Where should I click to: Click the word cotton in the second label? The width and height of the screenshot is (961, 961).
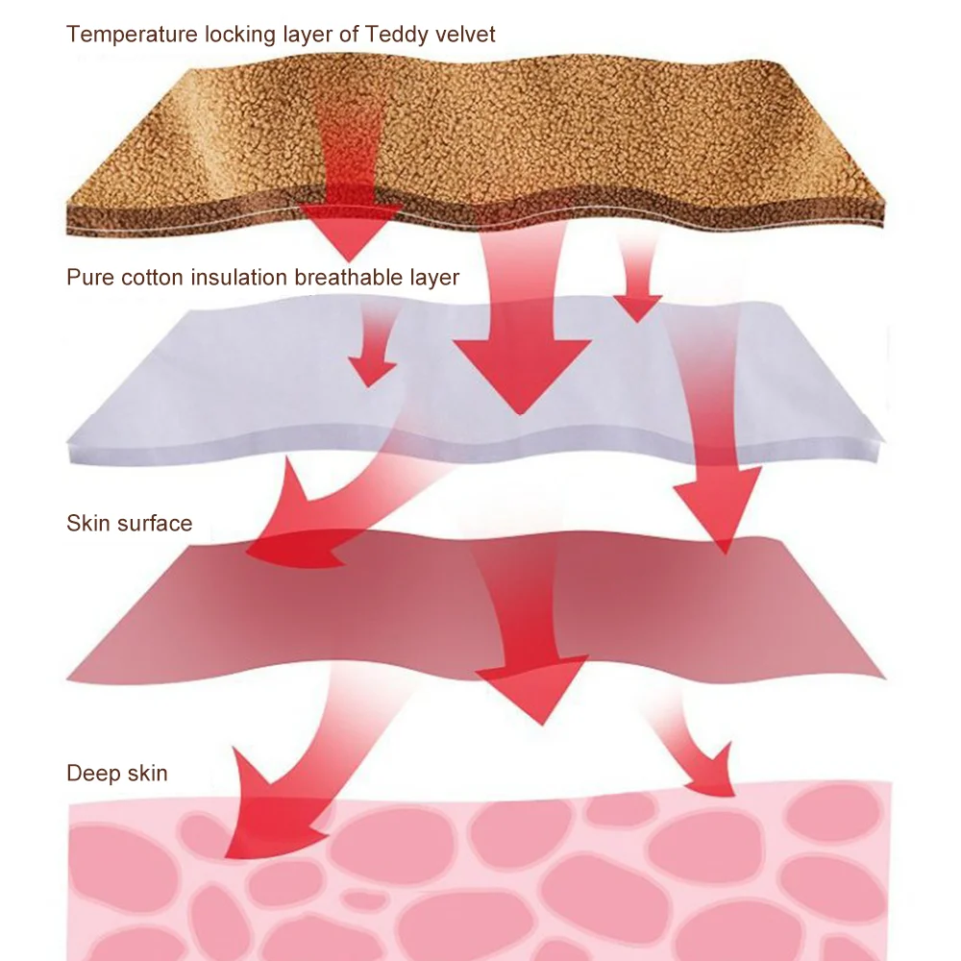(x=152, y=278)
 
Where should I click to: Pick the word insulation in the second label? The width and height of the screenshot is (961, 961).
(x=236, y=278)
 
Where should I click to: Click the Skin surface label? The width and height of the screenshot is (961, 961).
(x=129, y=524)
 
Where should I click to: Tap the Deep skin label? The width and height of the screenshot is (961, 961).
(x=116, y=773)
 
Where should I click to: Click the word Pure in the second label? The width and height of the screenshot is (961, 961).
(x=90, y=278)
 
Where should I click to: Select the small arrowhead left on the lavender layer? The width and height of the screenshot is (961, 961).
(x=372, y=370)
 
